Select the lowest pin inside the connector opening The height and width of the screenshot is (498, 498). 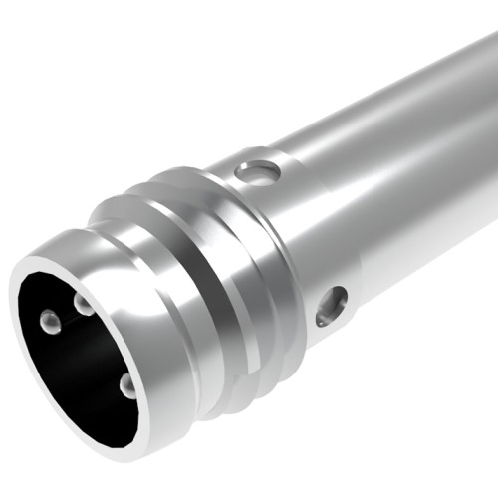(x=127, y=384)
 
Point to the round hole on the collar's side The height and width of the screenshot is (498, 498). (x=331, y=306)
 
